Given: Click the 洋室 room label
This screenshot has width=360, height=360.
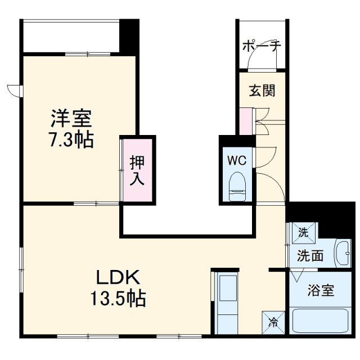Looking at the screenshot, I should [71, 119].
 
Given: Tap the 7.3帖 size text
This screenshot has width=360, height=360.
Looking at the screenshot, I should [71, 139].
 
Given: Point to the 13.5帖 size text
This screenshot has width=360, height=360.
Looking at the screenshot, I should [119, 298].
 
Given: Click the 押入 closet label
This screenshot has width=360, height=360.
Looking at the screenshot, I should [138, 170].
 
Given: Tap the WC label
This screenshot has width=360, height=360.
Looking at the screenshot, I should [237, 160].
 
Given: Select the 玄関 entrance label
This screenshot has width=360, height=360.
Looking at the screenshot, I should [262, 90].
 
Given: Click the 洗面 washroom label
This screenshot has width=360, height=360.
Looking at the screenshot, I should [310, 256].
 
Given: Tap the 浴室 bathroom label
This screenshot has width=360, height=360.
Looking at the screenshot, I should [321, 291].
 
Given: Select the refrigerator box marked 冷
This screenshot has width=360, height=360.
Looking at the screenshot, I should [273, 323].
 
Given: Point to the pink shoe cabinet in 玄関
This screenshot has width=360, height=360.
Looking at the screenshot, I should [246, 121].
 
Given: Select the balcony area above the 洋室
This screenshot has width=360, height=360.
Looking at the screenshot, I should [71, 36].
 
